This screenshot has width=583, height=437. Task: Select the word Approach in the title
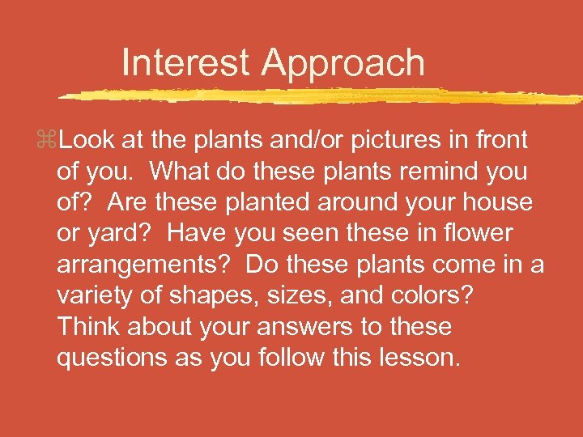tap(343, 64)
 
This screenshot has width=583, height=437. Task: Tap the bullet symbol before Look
tap(49, 141)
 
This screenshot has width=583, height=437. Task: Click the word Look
tap(87, 140)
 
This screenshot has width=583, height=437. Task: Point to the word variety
tap(96, 296)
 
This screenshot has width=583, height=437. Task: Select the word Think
tap(90, 327)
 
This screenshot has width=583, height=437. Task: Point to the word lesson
tap(420, 358)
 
